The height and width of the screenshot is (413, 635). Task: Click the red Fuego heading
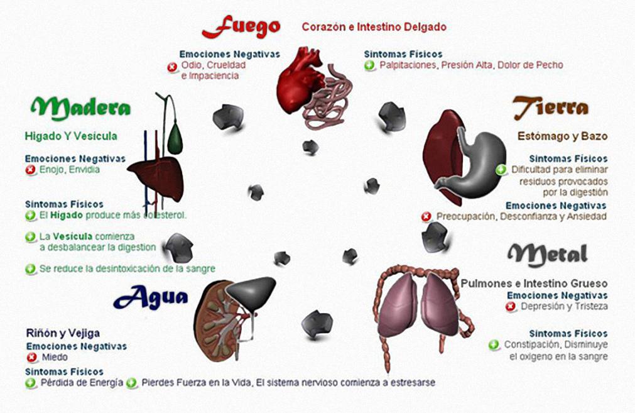241,26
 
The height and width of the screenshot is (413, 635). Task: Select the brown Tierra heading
551,108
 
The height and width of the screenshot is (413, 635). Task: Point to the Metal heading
548,253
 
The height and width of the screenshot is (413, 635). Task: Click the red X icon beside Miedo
31,358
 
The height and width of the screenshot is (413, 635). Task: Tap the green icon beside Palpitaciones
370,65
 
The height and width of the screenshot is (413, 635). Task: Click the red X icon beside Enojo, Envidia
30,170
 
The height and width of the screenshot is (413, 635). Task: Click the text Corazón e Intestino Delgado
374,27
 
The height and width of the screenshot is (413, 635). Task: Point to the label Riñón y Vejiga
63,333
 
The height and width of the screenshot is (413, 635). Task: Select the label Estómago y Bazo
562,136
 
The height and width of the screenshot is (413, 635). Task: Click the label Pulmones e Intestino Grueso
534,284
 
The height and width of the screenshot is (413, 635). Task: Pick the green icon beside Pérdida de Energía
31,382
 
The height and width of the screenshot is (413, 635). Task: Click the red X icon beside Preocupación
426,217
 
